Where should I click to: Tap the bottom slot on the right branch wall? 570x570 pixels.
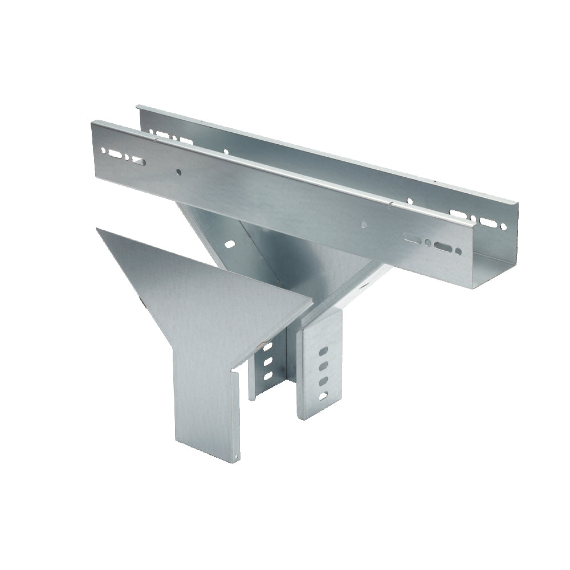click(324, 394)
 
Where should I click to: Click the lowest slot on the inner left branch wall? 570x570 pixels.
click(265, 376)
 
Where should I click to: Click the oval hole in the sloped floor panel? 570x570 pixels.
click(230, 244)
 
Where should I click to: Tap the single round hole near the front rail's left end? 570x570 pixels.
click(179, 171)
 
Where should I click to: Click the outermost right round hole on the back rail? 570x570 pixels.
click(504, 226)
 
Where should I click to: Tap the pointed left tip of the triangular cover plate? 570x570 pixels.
click(97, 229)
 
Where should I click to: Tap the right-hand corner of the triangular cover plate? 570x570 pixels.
click(312, 301)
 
